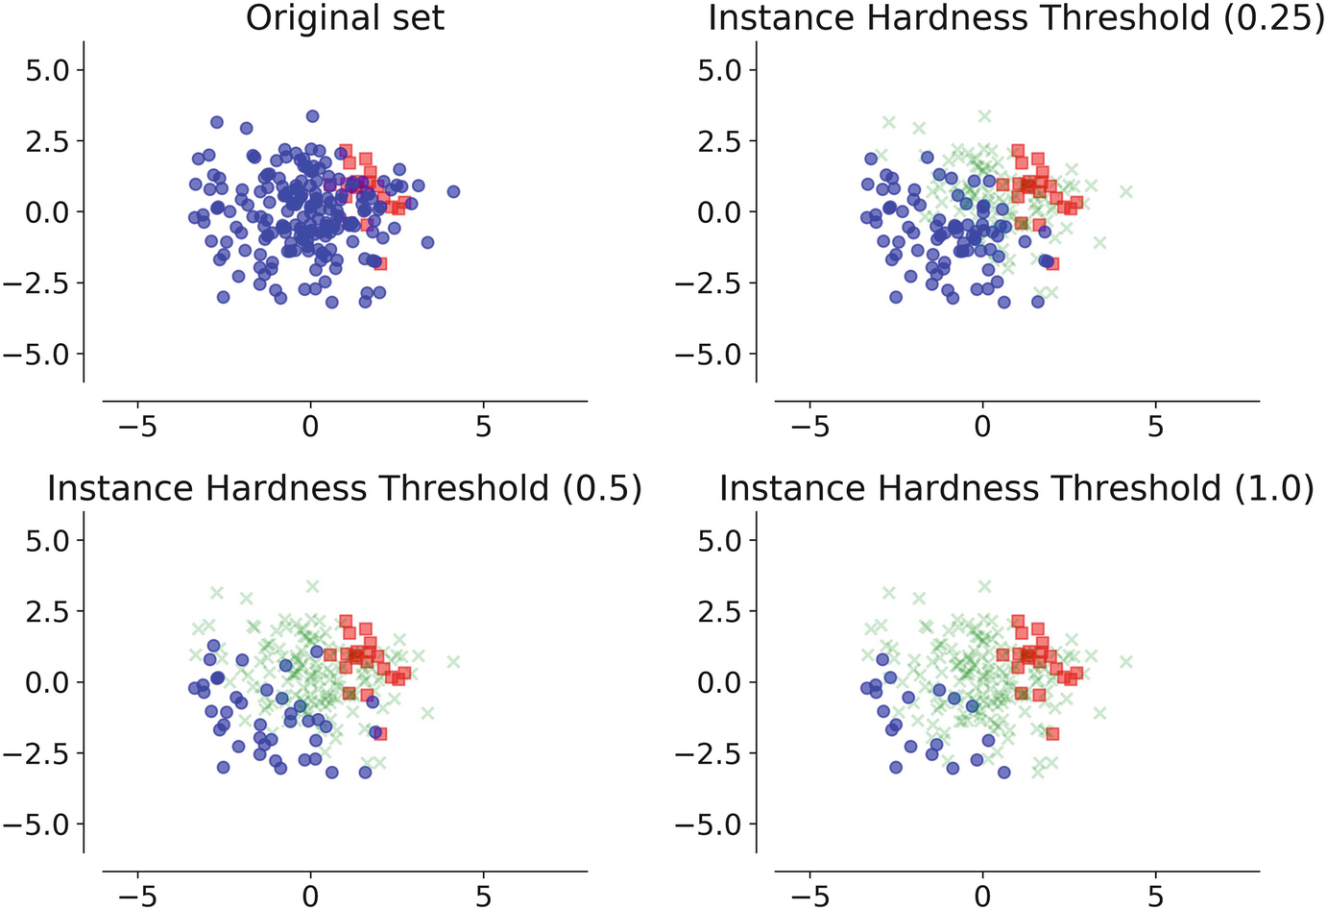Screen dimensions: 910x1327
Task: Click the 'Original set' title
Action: (x=345, y=18)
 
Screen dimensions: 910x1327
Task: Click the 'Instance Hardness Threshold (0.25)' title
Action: (x=1016, y=18)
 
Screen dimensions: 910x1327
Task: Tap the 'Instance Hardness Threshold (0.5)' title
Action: (x=345, y=488)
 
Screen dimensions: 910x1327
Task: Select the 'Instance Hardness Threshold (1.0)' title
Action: (x=1016, y=488)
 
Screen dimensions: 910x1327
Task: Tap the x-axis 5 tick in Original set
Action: (x=483, y=426)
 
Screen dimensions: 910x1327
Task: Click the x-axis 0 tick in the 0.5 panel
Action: (x=310, y=897)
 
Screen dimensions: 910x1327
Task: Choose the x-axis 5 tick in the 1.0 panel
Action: (x=1155, y=897)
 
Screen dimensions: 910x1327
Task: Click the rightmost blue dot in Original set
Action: (x=453, y=191)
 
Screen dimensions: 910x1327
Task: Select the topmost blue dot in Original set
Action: (x=312, y=116)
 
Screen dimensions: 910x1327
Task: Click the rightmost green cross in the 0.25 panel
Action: (x=1125, y=191)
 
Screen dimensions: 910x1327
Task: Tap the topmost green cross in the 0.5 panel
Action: (x=312, y=586)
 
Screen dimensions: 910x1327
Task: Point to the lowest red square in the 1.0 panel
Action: (x=1052, y=733)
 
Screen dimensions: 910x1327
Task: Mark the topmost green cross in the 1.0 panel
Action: (x=984, y=586)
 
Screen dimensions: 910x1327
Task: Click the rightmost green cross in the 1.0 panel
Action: (x=1125, y=661)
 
